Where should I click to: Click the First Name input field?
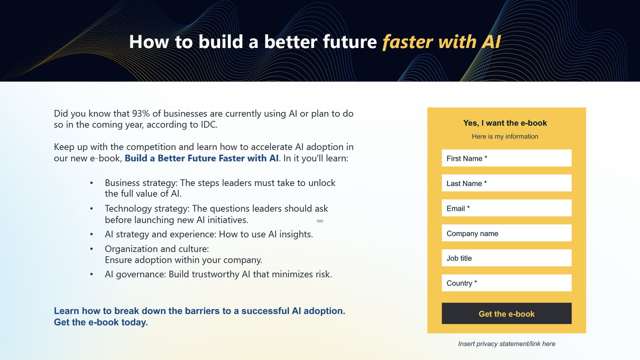click(x=506, y=158)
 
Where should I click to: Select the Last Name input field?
click(x=506, y=183)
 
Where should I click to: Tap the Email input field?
click(x=506, y=208)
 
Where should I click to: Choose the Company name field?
click(x=506, y=233)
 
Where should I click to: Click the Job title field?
click(x=506, y=258)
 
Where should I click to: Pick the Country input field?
click(x=506, y=283)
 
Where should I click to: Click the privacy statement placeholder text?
click(x=506, y=344)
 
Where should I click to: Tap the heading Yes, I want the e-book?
click(x=505, y=123)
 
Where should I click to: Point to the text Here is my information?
click(x=505, y=136)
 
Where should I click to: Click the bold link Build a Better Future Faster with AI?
click(x=202, y=158)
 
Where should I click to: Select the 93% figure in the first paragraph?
click(x=141, y=114)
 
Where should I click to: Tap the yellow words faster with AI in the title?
click(x=442, y=42)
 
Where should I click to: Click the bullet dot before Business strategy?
click(x=92, y=183)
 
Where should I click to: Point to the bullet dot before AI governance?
click(x=92, y=274)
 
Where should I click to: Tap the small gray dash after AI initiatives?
click(x=320, y=221)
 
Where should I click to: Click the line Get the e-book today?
click(x=101, y=322)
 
